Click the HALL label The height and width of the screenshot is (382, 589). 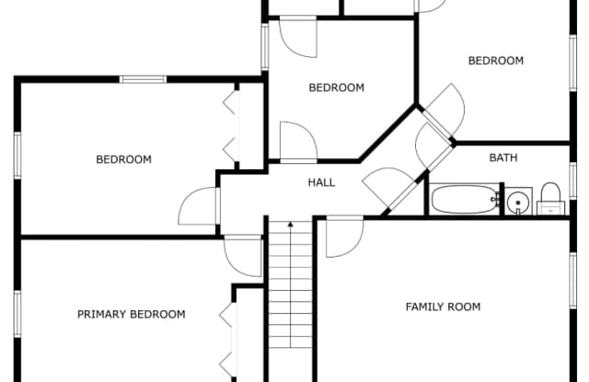(321, 182)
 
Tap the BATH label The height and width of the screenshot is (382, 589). (503, 157)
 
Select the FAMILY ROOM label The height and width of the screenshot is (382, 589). (443, 307)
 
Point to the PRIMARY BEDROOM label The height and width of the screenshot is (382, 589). (131, 314)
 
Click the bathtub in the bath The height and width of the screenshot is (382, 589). (465, 199)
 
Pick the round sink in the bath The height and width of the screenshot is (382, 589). (518, 203)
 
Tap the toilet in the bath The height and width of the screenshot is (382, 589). (550, 199)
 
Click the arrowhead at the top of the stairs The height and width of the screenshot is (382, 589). (291, 225)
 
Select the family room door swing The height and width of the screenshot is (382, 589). (344, 237)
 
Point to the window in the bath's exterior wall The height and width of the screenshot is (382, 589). (572, 180)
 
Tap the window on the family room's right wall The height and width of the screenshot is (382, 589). (572, 281)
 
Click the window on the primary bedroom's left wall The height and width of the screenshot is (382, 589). (17, 314)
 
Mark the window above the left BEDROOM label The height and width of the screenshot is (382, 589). (144, 79)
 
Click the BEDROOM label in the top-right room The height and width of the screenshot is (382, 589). (496, 61)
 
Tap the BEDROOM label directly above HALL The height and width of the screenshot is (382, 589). (336, 87)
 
